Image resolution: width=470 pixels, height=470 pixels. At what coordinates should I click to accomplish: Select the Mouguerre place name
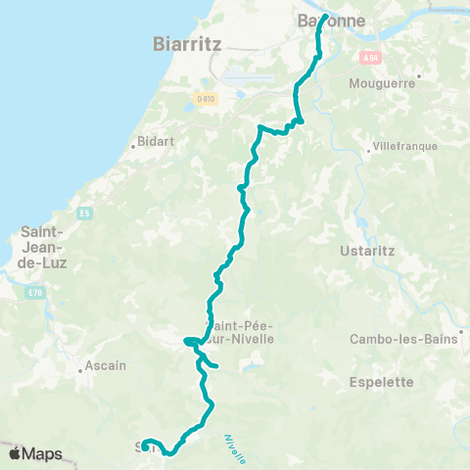383,84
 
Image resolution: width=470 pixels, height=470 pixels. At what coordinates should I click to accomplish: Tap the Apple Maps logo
34,453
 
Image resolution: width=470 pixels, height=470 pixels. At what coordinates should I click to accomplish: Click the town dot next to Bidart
133,147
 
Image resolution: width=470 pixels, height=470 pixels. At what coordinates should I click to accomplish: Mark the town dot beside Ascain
80,371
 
